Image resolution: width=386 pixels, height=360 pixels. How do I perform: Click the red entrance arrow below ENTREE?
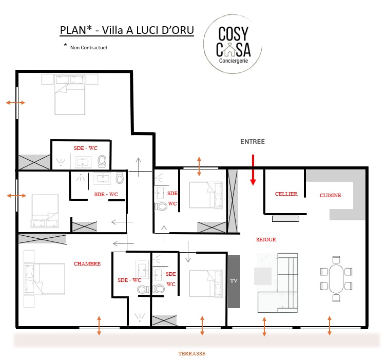pos(253,169)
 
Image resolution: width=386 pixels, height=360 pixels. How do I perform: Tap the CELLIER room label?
pos(286,194)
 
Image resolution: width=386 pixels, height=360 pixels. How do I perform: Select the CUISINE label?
pos(330,195)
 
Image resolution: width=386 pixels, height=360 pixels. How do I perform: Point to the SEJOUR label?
pos(266,239)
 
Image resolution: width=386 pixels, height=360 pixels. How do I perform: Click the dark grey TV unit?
pos(234,281)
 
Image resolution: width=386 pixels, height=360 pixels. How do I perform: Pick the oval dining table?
pos(336,279)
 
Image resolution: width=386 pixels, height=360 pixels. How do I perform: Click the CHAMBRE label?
pos(87,263)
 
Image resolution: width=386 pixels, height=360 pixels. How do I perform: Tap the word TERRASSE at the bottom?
pos(192,354)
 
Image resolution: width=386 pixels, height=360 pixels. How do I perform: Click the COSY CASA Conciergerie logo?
pos(233,44)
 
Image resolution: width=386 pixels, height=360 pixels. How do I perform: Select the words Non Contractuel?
pos(89,48)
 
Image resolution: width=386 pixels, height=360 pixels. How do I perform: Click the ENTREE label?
pos(253,142)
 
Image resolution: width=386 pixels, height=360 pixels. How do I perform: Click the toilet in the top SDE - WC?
pos(102,162)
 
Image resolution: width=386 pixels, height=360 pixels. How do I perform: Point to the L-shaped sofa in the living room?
pos(278,282)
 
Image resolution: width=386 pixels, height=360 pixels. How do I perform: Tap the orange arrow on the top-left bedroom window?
pos(15,103)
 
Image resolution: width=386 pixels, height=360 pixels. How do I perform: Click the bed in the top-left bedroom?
pos(70,95)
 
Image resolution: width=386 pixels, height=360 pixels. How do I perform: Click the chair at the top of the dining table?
pos(336,259)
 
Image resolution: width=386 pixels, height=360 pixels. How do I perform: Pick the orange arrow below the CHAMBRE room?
pos(99,326)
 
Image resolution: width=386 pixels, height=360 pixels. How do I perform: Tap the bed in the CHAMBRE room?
pos(45,279)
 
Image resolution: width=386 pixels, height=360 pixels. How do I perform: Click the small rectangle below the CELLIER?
pos(285,219)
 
